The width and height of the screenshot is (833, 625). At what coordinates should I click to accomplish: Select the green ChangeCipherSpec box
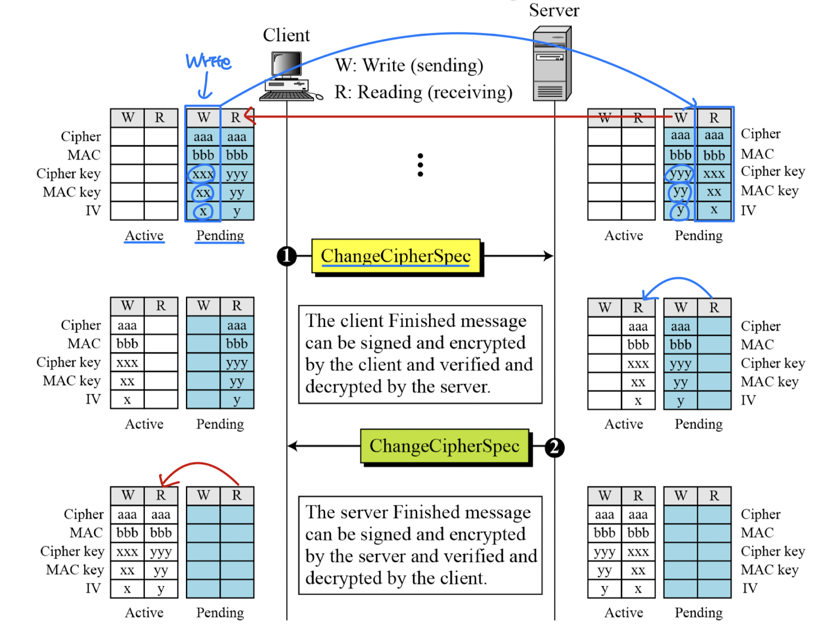(445, 446)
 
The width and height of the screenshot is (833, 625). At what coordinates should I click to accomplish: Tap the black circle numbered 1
(287, 256)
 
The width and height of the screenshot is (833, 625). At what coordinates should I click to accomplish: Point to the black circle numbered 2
(554, 447)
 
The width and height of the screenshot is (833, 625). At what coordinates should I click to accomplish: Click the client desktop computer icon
(289, 77)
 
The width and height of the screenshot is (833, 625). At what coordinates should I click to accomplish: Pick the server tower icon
(552, 65)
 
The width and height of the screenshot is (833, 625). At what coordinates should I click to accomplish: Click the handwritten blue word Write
(208, 61)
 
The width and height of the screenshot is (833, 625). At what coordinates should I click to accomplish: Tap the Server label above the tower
(554, 10)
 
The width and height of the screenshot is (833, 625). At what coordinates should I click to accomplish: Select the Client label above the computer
(286, 35)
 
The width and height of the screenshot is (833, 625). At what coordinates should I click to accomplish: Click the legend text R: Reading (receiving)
(423, 92)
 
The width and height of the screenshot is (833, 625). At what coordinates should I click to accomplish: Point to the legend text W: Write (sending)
(409, 65)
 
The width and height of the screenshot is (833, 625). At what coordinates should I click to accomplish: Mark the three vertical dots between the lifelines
(421, 165)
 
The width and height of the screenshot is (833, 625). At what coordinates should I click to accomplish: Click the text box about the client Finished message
(420, 354)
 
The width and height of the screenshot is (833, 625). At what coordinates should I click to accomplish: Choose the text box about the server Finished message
(420, 545)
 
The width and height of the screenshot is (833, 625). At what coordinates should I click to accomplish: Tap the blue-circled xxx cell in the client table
(203, 174)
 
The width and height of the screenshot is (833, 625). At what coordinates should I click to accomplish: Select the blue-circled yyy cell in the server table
(680, 173)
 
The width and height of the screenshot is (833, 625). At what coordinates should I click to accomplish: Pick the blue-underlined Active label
(144, 236)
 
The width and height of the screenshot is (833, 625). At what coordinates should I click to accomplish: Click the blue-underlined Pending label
(220, 236)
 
